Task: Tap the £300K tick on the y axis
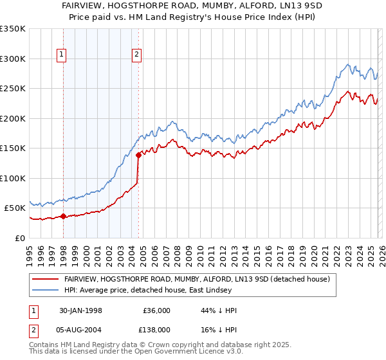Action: coord(13,59)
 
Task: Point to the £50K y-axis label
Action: coord(15,208)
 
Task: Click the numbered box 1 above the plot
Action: coord(62,55)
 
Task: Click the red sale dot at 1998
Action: coord(64,217)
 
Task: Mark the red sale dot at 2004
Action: coord(138,156)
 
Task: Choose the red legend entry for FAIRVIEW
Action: coord(197,279)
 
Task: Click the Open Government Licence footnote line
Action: coord(136,353)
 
